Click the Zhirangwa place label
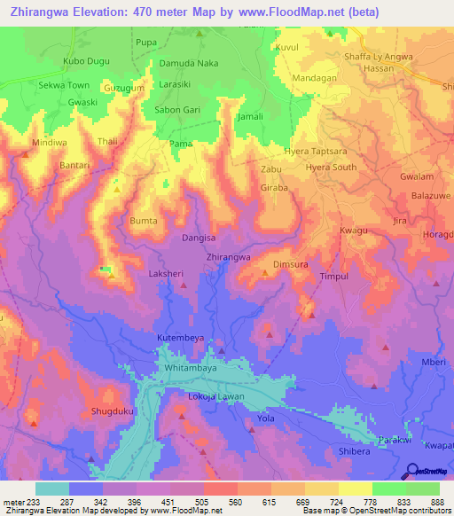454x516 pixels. coord(228,256)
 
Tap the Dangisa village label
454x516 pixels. coord(198,238)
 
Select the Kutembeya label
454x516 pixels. coord(182,339)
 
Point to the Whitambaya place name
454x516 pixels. coord(190,366)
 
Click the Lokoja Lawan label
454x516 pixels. coord(215,395)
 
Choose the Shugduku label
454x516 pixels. coord(112,411)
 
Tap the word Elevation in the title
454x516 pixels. coord(97,12)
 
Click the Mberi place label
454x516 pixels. coord(434,362)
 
